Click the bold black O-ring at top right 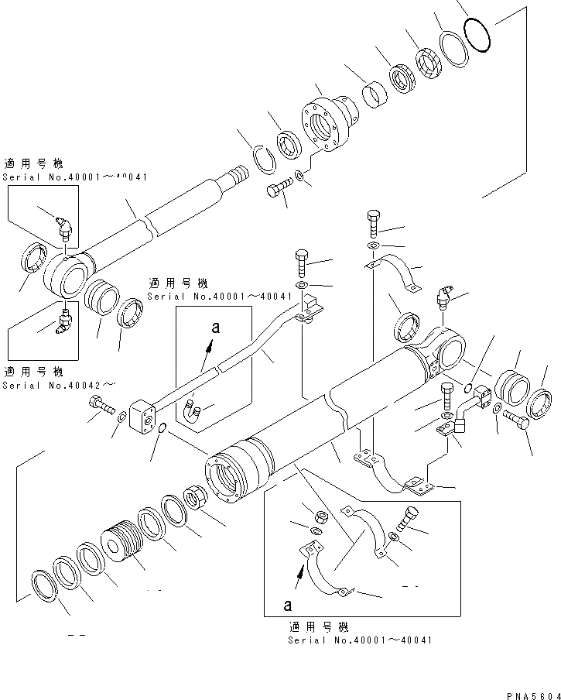[479, 36]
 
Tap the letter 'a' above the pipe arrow [216, 328]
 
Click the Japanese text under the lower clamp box [319, 627]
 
